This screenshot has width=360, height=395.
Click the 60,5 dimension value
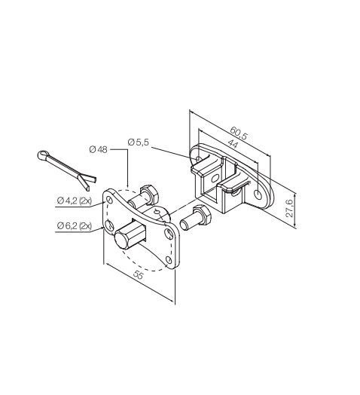point(239,133)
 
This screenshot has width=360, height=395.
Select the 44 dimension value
point(233,144)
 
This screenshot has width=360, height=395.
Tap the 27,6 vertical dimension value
point(290,208)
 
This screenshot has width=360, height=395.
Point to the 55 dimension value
point(138,275)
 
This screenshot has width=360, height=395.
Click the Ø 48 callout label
point(98,150)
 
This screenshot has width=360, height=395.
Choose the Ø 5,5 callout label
point(139,142)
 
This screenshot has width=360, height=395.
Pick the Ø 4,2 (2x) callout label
point(75,201)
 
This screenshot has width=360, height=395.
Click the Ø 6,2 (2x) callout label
point(75,225)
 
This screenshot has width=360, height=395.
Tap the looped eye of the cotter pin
point(42,155)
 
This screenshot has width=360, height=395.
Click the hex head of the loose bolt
point(202,215)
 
